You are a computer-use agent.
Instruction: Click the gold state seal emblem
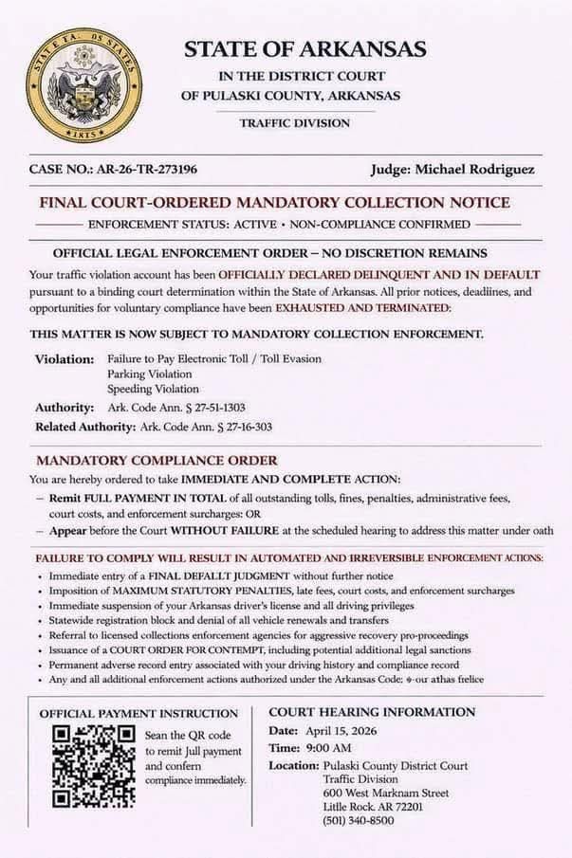[x=83, y=85]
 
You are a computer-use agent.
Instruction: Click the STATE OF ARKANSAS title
[x=304, y=48]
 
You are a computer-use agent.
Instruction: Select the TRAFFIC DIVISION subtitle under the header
[x=294, y=123]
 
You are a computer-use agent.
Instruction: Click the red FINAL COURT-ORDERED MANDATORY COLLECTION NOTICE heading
[x=274, y=203]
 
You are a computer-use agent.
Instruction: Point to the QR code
[x=93, y=766]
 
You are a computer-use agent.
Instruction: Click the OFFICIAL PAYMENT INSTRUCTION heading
[x=138, y=713]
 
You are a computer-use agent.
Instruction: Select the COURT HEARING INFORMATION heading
[x=372, y=712]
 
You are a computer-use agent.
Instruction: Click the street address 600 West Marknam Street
[x=386, y=793]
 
